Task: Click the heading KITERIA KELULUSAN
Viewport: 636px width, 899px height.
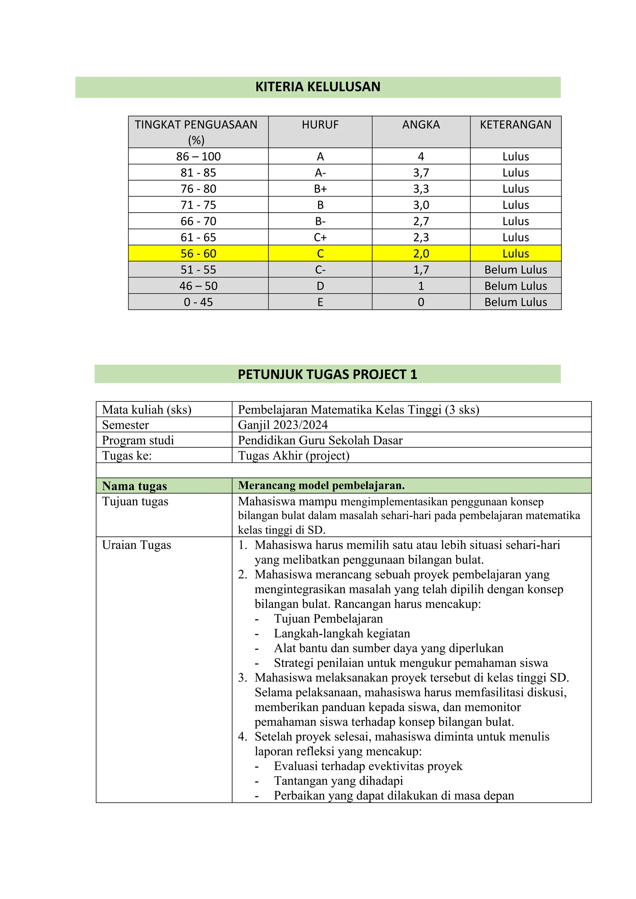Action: click(318, 87)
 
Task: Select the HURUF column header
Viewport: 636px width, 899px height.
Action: click(320, 124)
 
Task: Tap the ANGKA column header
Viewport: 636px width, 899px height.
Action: click(421, 124)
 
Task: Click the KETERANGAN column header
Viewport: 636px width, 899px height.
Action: click(516, 124)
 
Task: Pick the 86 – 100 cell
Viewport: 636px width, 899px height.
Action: click(198, 156)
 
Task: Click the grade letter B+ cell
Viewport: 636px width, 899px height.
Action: click(320, 189)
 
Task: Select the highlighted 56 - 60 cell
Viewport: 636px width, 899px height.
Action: click(198, 253)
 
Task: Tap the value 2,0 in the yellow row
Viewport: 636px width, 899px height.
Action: click(421, 253)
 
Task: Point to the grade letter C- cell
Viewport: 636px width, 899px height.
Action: click(320, 270)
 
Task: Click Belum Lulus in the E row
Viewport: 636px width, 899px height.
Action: click(516, 302)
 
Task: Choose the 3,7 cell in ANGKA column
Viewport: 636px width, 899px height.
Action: click(421, 173)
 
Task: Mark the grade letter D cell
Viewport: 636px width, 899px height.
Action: click(320, 286)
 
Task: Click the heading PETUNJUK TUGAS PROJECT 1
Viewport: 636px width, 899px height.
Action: click(327, 374)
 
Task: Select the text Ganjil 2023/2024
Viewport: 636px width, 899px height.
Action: click(283, 425)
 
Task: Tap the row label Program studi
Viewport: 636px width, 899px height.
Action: click(138, 440)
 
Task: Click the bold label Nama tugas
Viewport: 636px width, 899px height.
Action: click(134, 486)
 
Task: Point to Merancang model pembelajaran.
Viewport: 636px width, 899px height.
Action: click(321, 486)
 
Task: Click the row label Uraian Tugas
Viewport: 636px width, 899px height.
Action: click(136, 545)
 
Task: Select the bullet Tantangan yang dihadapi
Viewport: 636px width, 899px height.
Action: click(338, 781)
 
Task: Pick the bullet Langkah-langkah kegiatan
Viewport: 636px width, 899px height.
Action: click(342, 633)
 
